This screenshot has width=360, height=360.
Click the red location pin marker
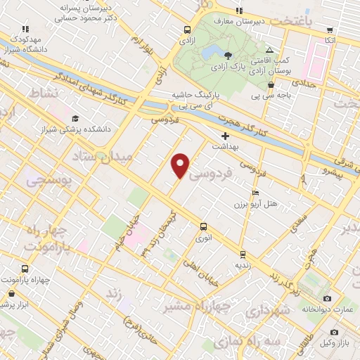pyautogui.click(x=181, y=165)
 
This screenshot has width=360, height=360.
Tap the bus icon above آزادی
pyautogui.click(x=188, y=30)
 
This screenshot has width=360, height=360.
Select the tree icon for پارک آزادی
pyautogui.click(x=228, y=56)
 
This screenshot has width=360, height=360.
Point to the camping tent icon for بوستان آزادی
pyautogui.click(x=270, y=51)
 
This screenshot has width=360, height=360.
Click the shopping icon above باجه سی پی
pyautogui.click(x=271, y=85)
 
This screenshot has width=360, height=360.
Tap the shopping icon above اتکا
pyautogui.click(x=330, y=30)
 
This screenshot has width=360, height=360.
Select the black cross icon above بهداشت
pyautogui.click(x=226, y=135)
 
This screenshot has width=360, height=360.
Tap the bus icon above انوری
pyautogui.click(x=203, y=226)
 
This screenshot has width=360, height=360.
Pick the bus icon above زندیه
pyautogui.click(x=243, y=255)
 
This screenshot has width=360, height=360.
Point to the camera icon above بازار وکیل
pyautogui.click(x=334, y=331)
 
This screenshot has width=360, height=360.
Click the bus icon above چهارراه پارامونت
pyautogui.click(x=25, y=269)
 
